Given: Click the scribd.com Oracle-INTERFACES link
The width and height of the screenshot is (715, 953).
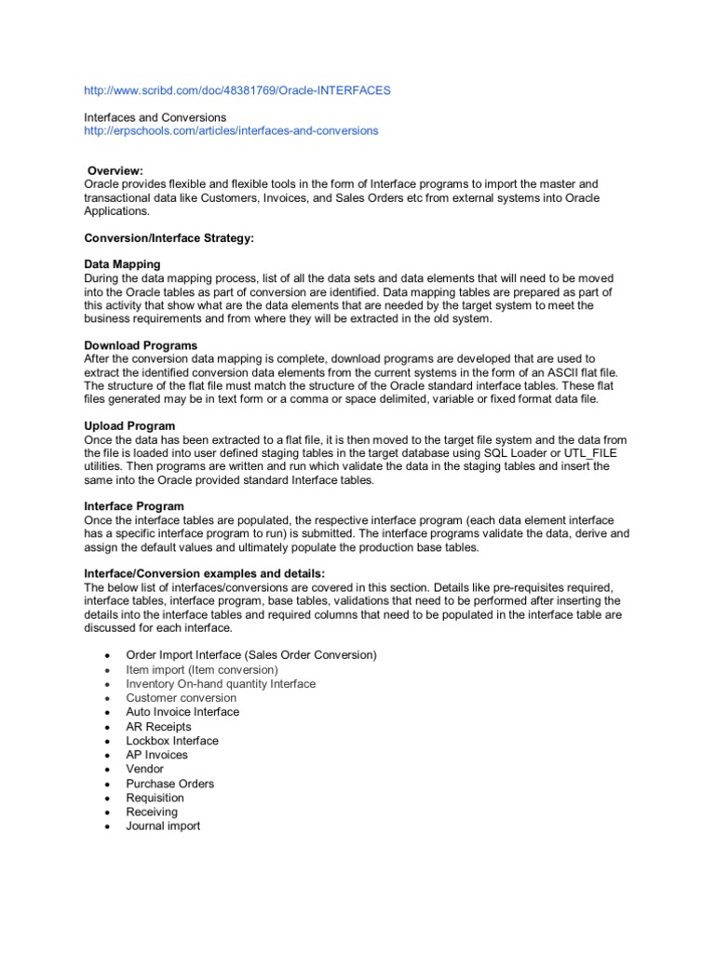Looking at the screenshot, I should coord(236,90).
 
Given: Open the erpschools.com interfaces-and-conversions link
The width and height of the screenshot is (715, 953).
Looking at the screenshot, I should coord(231,131).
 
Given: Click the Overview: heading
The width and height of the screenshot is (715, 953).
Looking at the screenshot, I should coord(115,170).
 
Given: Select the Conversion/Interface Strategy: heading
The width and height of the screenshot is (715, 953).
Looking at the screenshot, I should coord(169,239).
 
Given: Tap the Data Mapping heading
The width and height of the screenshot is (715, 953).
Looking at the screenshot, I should coord(122,264).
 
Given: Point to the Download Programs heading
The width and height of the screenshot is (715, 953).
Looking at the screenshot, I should coord(141,345).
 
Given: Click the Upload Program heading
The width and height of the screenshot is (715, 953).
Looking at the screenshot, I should coord(129,425).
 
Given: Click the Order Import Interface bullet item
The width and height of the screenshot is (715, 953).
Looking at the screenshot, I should coord(250,655).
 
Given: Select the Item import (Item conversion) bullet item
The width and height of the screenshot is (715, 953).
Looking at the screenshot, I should coord(202,669).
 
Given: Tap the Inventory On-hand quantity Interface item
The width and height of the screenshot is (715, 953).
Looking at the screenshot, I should coord(221,684).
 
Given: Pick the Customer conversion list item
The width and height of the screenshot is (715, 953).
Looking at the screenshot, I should coord(182,698).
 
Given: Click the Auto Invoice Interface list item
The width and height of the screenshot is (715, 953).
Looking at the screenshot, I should coord(182,712).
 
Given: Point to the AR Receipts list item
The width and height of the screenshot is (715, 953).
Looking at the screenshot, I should coord(158,727).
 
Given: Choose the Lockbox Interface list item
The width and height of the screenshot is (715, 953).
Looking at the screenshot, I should coord(172,741).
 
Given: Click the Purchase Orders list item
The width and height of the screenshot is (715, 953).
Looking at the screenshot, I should coord(169,784).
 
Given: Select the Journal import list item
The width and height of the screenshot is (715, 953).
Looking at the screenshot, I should coord(163,826).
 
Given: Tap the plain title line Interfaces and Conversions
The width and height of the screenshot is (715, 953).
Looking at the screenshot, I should coord(155,117).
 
